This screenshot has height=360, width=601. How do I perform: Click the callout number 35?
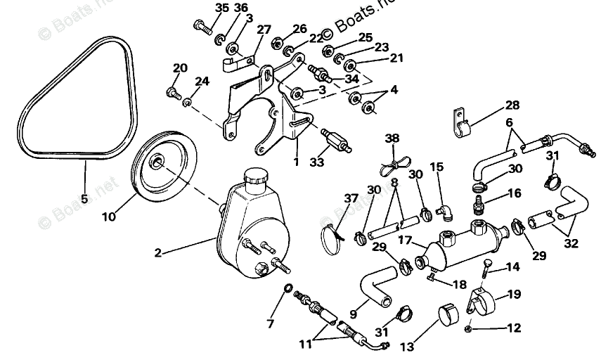[202, 8]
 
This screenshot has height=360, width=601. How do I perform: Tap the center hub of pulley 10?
[155, 164]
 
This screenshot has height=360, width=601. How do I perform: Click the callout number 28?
[512, 106]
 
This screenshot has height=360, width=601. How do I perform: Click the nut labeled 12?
[469, 328]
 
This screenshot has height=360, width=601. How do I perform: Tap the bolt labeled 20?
[173, 91]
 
